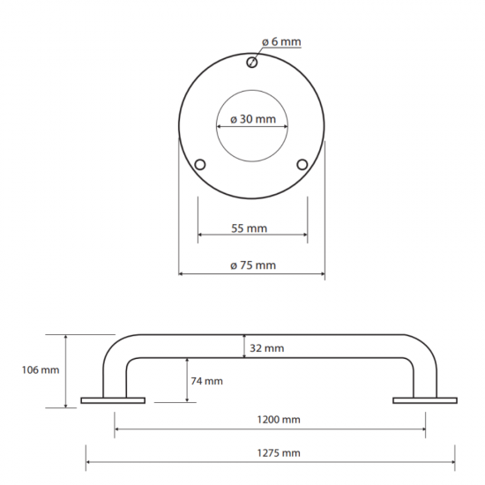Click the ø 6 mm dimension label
click(280, 41)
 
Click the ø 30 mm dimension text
click(252, 119)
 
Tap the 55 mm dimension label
click(250, 228)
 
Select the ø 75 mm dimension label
click(252, 265)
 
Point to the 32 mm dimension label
click(266, 348)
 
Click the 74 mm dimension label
click(206, 381)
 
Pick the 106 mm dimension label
click(40, 370)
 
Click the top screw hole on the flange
click(252, 61)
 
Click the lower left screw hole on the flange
click(200, 165)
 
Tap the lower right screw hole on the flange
click(302, 165)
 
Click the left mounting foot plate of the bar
click(113, 401)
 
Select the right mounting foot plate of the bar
click(425, 401)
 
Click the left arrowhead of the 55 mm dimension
click(201, 235)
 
